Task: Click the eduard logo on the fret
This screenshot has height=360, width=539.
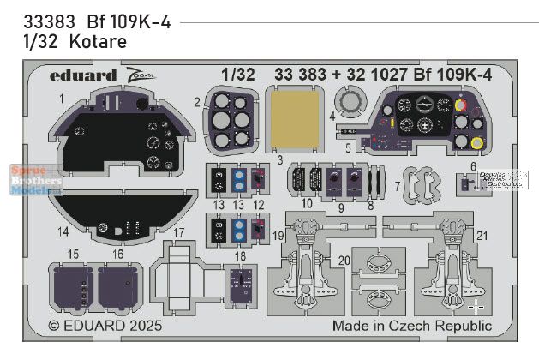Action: (83, 75)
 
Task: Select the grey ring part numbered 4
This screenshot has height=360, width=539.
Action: (350, 105)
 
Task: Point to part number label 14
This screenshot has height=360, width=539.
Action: (63, 231)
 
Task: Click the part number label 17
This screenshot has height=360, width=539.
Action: (178, 232)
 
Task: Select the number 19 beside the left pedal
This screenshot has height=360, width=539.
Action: (278, 235)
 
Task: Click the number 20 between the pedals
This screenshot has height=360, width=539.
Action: (343, 260)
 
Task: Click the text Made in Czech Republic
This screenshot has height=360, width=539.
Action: (411, 326)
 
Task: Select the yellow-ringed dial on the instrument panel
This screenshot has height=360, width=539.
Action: (477, 143)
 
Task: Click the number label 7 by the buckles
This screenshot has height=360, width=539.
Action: (396, 185)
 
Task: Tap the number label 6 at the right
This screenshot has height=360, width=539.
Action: (473, 166)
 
